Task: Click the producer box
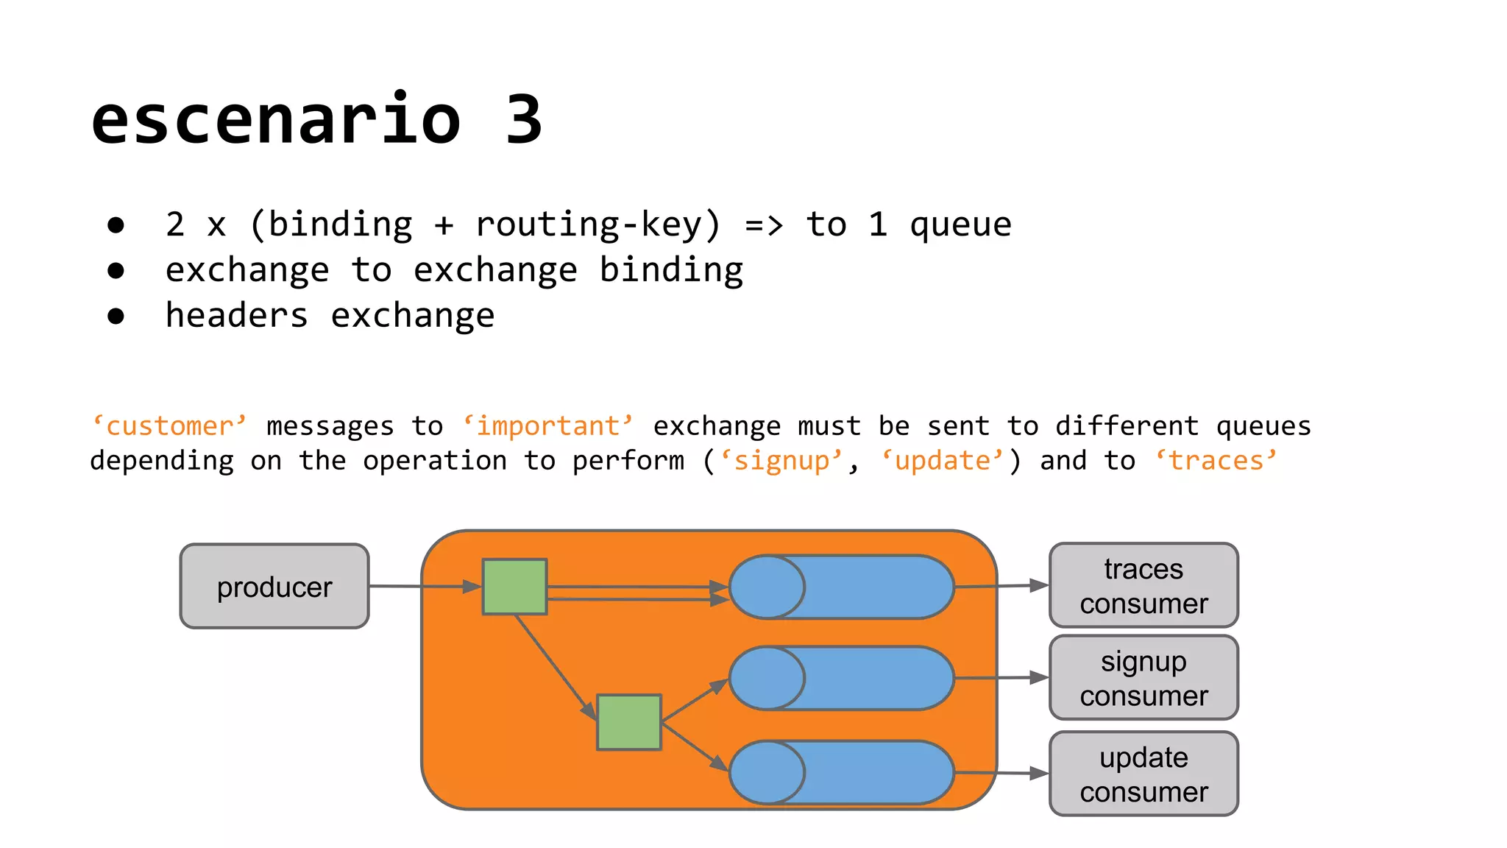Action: (x=274, y=587)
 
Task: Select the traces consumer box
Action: (x=1143, y=586)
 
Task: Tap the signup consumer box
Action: (x=1143, y=678)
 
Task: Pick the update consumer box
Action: (x=1143, y=774)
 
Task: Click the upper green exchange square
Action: (x=514, y=587)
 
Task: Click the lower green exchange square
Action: (x=629, y=722)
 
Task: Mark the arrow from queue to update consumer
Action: (x=1001, y=773)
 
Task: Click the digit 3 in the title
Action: (x=523, y=120)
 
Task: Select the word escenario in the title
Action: (x=276, y=120)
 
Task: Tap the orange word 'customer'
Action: (x=169, y=426)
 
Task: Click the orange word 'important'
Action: (x=548, y=426)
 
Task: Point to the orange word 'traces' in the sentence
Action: (x=1216, y=461)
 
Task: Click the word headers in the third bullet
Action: (x=236, y=316)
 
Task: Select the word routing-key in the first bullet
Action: (x=597, y=225)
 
